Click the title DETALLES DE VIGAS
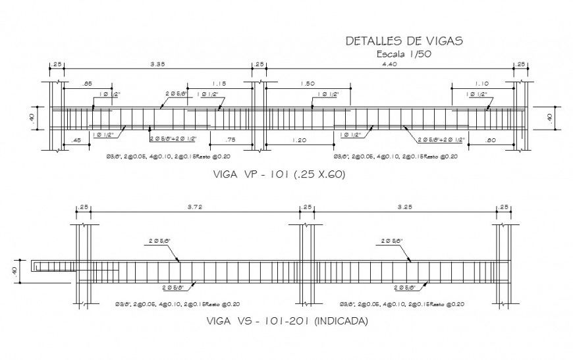point(404,41)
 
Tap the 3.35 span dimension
point(157,64)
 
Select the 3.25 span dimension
point(406,207)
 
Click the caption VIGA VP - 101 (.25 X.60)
point(279,175)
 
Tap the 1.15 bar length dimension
point(219,83)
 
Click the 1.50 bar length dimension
point(307,83)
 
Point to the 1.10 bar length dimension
point(482,83)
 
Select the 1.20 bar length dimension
point(298,140)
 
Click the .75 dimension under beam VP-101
point(231,140)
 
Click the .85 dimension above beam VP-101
point(87,83)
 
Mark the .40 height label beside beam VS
point(14,271)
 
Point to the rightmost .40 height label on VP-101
point(550,117)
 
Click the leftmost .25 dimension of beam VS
point(84,207)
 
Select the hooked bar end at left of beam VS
point(36,266)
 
